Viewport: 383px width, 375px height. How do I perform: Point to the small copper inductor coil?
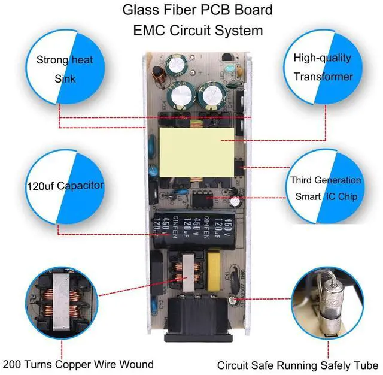[x=160, y=75]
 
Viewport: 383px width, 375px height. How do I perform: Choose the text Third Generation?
[x=326, y=180]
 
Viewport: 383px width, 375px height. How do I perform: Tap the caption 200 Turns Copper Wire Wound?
[x=78, y=364]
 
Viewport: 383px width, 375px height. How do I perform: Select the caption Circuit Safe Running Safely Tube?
[x=297, y=365]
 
